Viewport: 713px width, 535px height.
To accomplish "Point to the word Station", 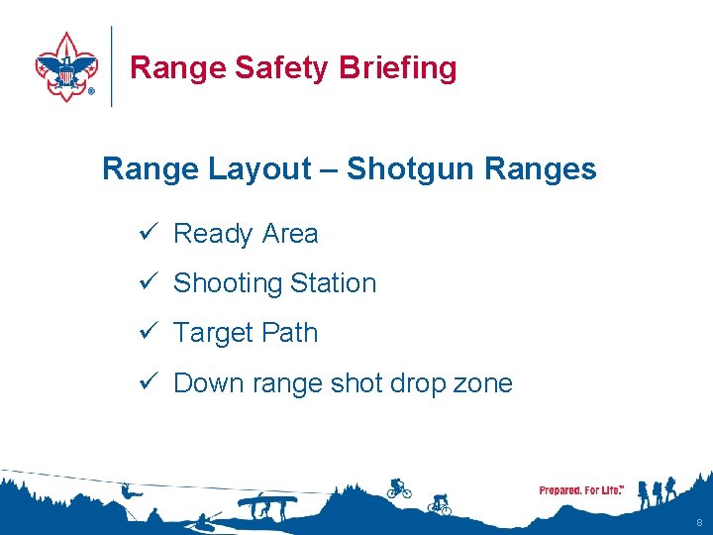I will pos(334,283).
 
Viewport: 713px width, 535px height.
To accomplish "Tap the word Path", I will pos(290,333).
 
